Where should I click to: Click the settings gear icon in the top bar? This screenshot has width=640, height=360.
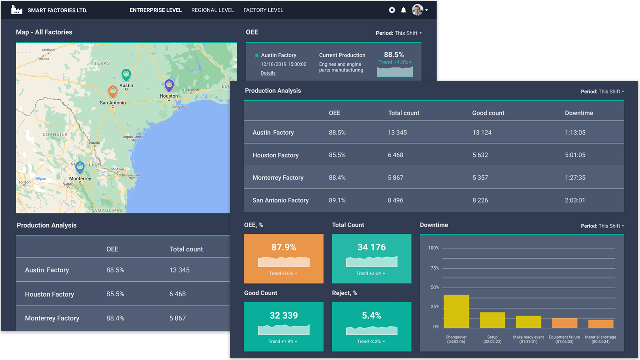tap(392, 10)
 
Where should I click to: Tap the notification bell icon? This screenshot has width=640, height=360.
tap(404, 10)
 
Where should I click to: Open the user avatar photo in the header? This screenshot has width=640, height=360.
tap(417, 10)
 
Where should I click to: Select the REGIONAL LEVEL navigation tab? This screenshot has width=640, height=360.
tap(212, 10)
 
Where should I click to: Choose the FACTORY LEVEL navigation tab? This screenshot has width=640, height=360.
tap(263, 10)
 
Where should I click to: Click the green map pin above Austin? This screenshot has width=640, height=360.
tap(126, 75)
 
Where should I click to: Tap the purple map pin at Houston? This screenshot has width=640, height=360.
tap(169, 85)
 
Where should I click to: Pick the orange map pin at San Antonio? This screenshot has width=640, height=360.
tap(113, 91)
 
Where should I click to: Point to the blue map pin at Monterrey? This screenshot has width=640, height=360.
tap(80, 167)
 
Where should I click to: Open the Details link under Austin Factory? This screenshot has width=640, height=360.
tap(268, 73)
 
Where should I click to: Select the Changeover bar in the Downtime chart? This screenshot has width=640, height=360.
tap(456, 311)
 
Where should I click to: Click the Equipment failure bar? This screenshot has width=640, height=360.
tap(564, 323)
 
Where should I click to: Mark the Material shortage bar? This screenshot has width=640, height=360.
tap(600, 323)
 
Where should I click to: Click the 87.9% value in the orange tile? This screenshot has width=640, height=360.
tap(284, 247)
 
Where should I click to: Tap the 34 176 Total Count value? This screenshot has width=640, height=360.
tap(371, 247)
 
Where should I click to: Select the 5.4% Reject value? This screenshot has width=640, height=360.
tap(371, 316)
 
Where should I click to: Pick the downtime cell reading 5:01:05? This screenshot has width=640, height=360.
tap(575, 155)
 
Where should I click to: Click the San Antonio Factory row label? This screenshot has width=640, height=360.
tap(280, 200)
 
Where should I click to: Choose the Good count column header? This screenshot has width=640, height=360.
tap(488, 113)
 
